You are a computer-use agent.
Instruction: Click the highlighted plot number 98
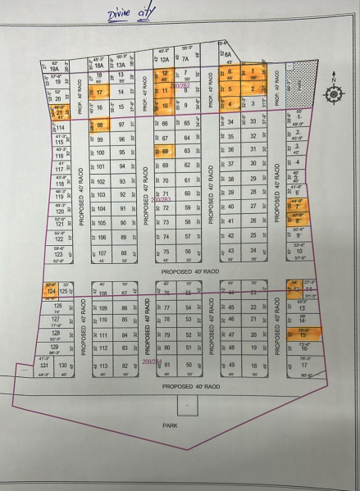pyautogui.click(x=101, y=125)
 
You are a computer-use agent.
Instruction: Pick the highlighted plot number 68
pyautogui.click(x=166, y=152)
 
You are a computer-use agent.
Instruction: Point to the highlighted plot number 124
pyautogui.click(x=51, y=291)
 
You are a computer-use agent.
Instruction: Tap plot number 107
pyautogui.click(x=103, y=253)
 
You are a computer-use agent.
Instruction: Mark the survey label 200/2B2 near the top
pyautogui.click(x=180, y=84)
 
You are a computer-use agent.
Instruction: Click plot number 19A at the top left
pyautogui.click(x=55, y=70)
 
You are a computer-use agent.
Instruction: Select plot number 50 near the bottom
pyautogui.click(x=189, y=365)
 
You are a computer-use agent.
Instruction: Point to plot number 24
pyautogui.click(x=253, y=292)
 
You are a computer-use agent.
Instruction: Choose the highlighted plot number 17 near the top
pyautogui.click(x=101, y=93)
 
